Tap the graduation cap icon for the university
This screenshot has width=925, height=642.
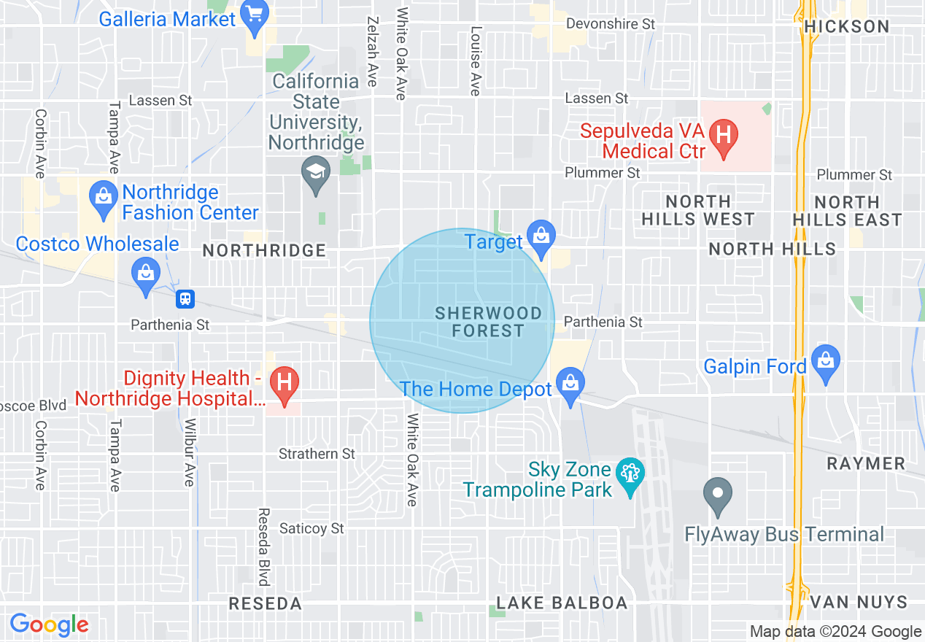[316, 174]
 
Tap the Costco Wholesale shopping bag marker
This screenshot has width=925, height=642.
[146, 274]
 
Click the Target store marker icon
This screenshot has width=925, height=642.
[541, 238]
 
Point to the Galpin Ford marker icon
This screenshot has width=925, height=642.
[826, 362]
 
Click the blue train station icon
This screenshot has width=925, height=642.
[186, 298]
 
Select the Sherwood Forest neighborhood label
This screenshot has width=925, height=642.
[488, 322]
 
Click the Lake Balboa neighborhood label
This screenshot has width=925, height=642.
[562, 603]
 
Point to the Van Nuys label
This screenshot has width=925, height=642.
[859, 603]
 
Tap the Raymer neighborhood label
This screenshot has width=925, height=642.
[866, 463]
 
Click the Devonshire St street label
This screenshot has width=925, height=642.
[611, 24]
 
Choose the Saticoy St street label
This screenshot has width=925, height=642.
[311, 528]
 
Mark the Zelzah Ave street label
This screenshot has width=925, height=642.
[373, 51]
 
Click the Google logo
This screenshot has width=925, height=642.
[49, 624]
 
